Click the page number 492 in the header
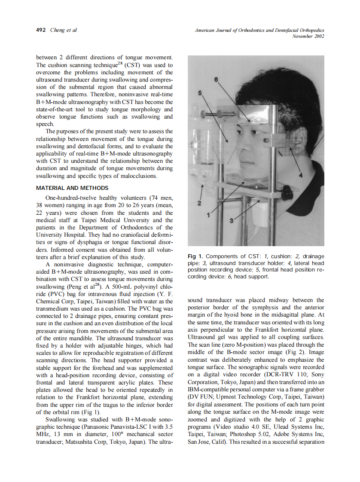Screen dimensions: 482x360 [x=41, y=30]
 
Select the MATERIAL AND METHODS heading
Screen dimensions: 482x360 [x=72, y=188]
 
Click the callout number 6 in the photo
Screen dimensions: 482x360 [x=216, y=79]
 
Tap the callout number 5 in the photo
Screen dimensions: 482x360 [x=200, y=93]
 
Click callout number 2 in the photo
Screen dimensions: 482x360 [x=199, y=202]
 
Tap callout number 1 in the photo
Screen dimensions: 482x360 [x=209, y=214]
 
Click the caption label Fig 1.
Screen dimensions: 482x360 [x=196, y=256]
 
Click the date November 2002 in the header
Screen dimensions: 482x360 [x=308, y=37]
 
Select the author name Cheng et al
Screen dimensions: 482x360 [x=64, y=30]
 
